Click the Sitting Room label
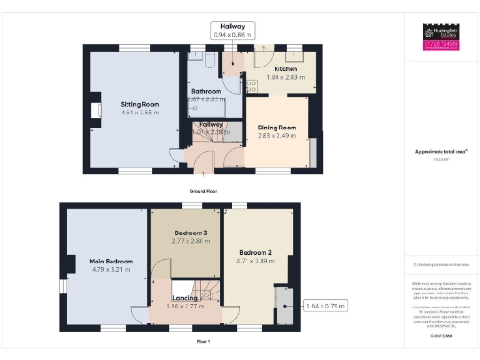[140, 104]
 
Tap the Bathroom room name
[206, 91]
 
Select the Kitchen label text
[286, 69]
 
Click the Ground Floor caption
[204, 190]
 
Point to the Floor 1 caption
[203, 342]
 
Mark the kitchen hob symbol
[250, 86]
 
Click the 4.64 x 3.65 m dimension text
[140, 112]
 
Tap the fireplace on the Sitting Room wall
[95, 112]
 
